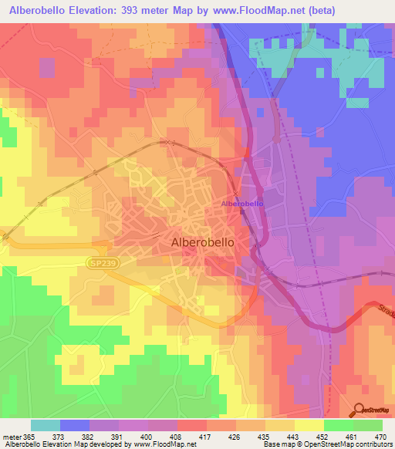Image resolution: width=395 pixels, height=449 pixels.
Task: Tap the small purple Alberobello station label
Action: pos(242,203)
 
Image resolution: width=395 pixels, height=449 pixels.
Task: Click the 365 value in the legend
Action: pos(22,436)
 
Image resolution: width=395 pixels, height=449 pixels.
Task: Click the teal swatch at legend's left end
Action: pos(46,425)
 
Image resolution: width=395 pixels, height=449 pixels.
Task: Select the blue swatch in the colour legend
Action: pos(75,425)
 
